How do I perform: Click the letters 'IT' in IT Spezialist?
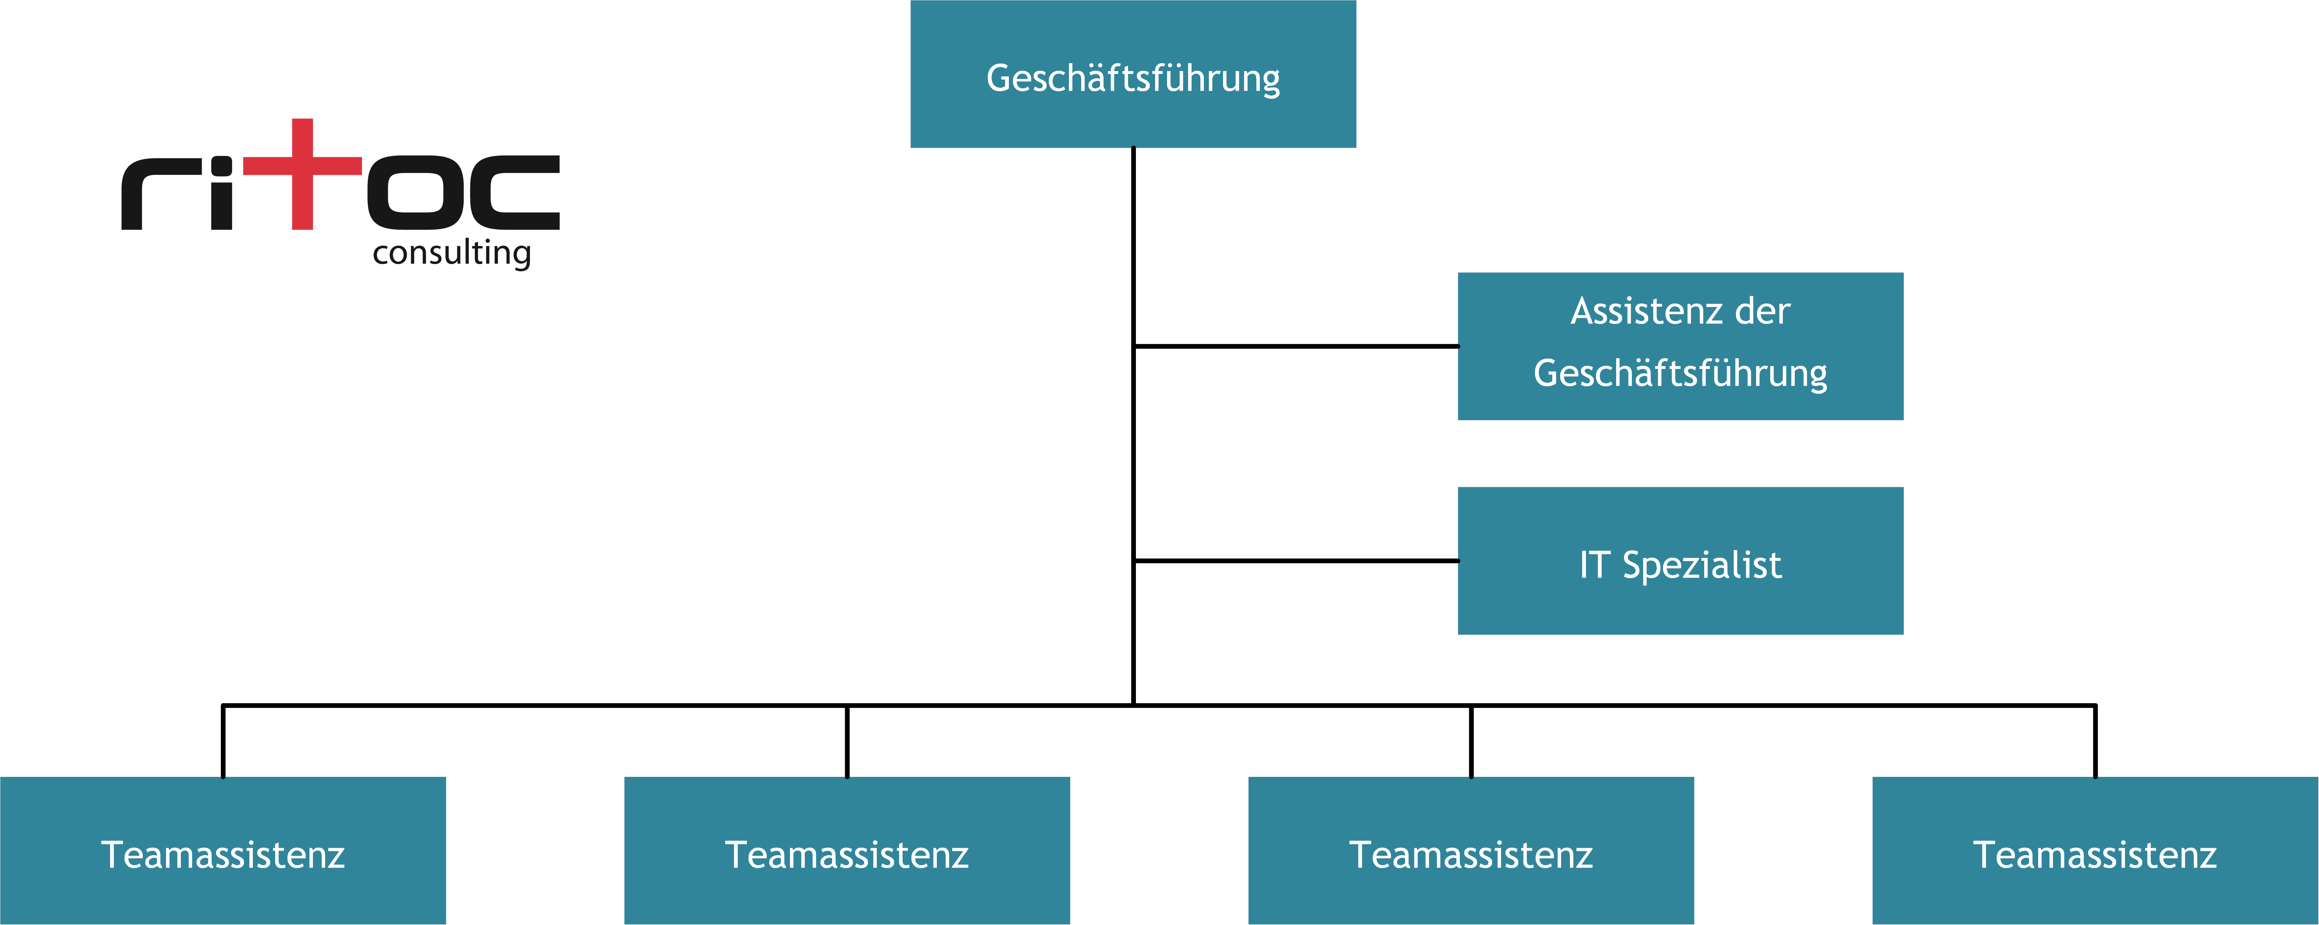click(x=1594, y=565)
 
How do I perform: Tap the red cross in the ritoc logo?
click(x=303, y=174)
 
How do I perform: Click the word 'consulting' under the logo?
click(x=452, y=253)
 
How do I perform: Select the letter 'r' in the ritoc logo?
click(x=160, y=194)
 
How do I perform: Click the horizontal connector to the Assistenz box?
click(x=1296, y=346)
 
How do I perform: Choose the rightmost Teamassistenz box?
click(x=2095, y=850)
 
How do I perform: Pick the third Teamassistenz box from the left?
click(x=1471, y=850)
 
